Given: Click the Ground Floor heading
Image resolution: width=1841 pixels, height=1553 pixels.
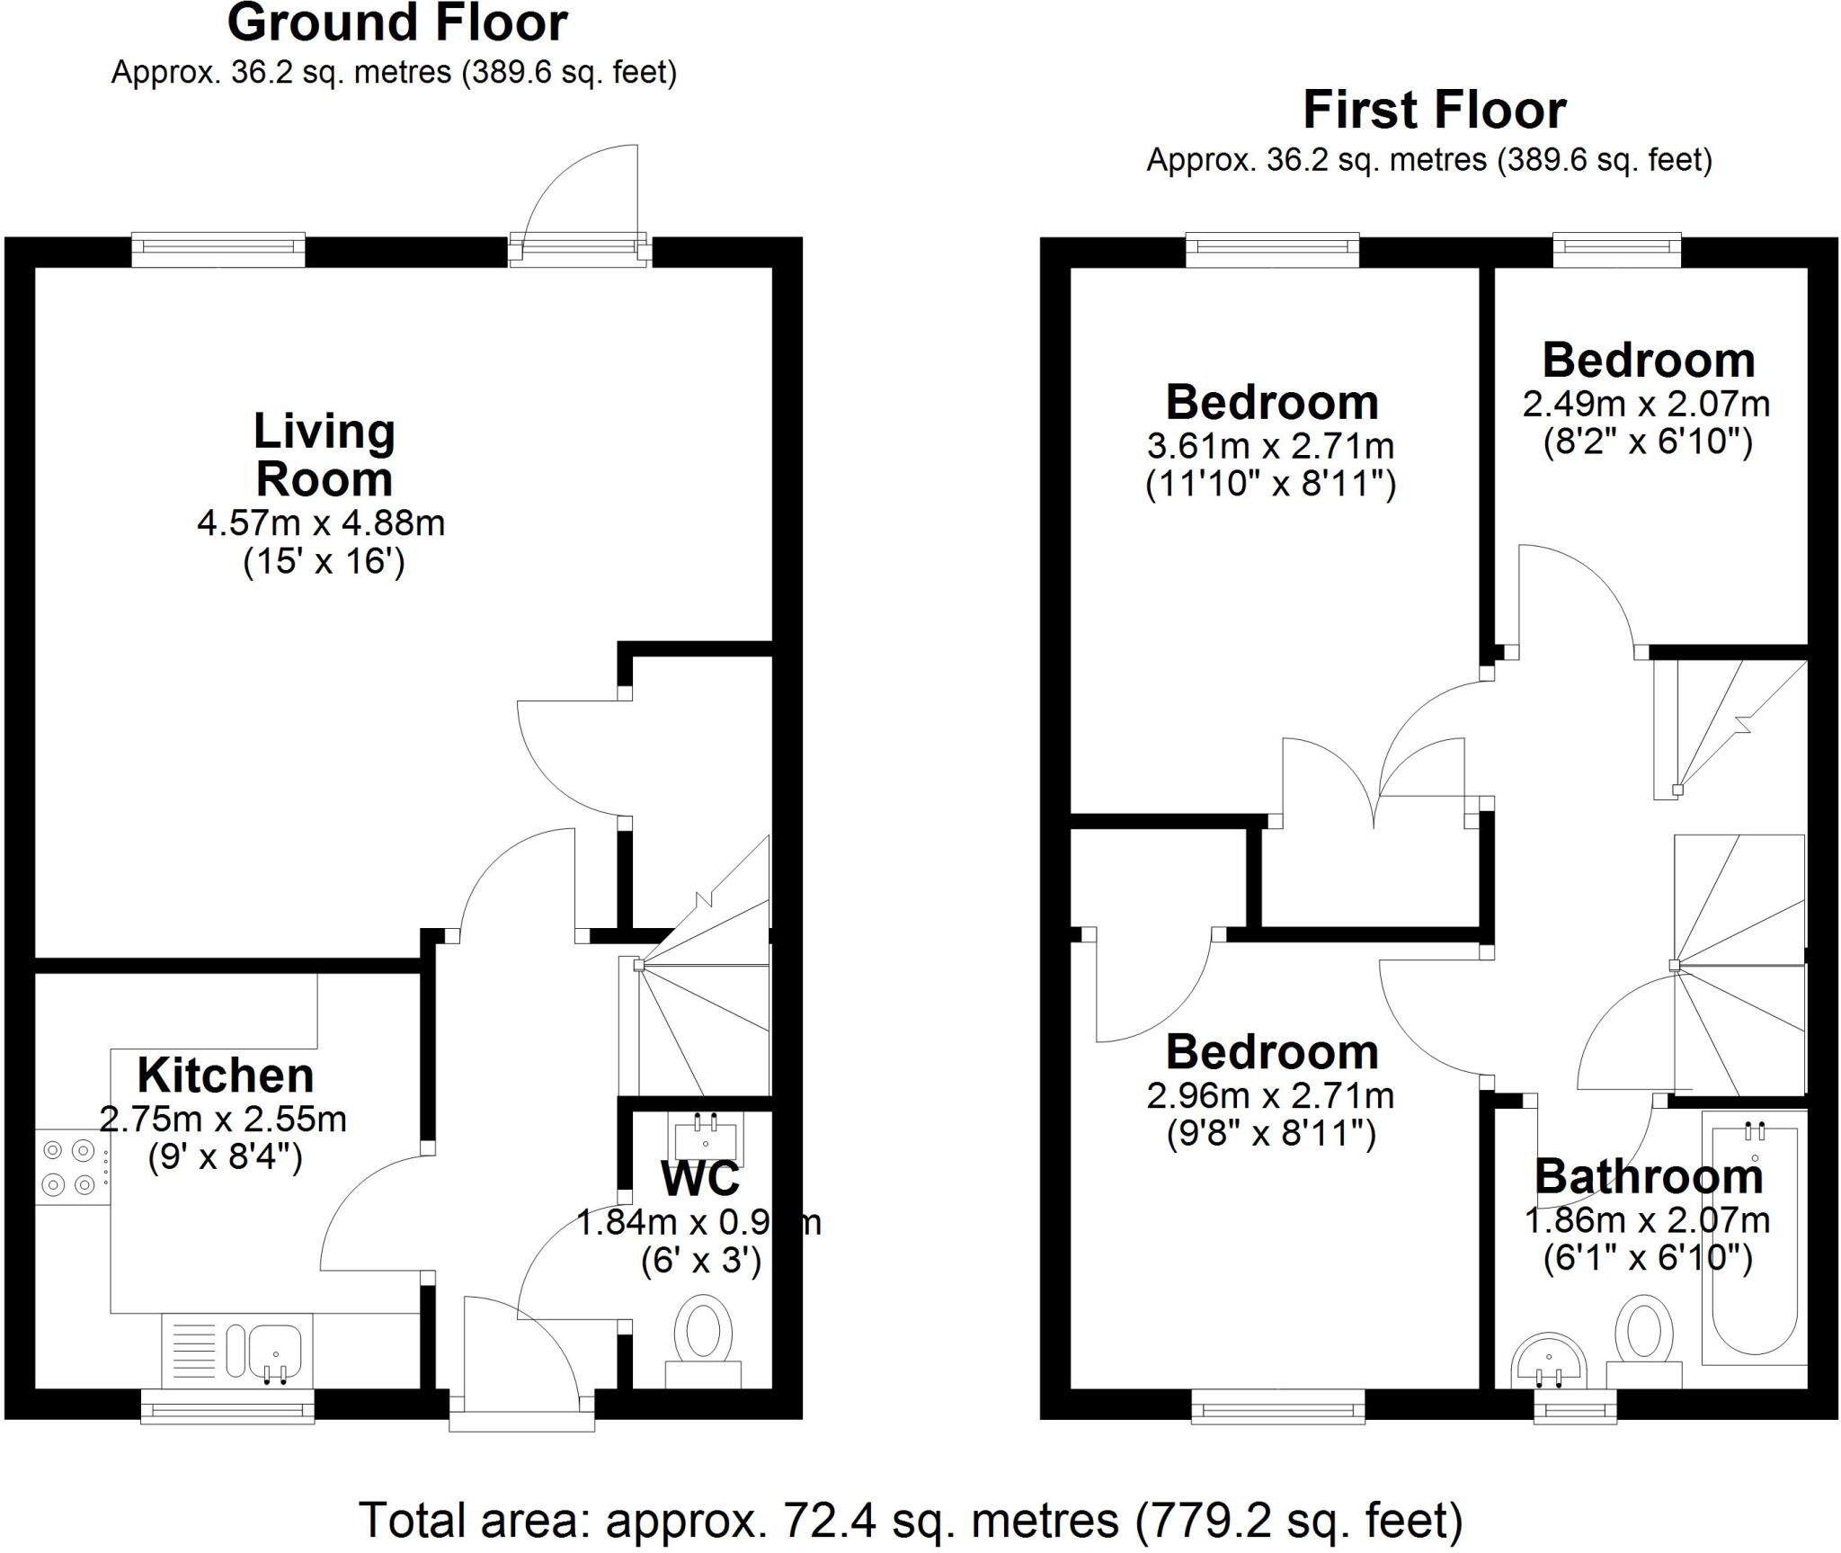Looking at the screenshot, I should [x=396, y=24].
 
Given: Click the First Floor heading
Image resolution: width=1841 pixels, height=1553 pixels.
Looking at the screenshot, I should [x=1434, y=112].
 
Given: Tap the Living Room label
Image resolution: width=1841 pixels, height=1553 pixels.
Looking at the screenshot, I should [x=325, y=455].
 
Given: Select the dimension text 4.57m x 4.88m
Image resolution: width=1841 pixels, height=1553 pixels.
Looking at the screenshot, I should [x=321, y=523].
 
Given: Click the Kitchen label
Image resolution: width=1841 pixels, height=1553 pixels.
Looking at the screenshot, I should [x=226, y=1075].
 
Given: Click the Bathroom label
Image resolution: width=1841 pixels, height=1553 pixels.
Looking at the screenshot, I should [x=1648, y=1178].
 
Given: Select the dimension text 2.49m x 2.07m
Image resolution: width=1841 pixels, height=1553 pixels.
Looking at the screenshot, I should [x=1646, y=405].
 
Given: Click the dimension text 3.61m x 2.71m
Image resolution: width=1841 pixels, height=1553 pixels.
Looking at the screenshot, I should [x=1270, y=446].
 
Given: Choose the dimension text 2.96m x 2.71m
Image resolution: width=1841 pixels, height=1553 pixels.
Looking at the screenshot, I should [x=1270, y=1096].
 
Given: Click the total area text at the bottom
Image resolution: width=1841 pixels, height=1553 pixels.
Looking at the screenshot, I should [x=911, y=1520].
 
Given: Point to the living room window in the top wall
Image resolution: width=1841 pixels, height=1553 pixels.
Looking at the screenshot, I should [x=218, y=249].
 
